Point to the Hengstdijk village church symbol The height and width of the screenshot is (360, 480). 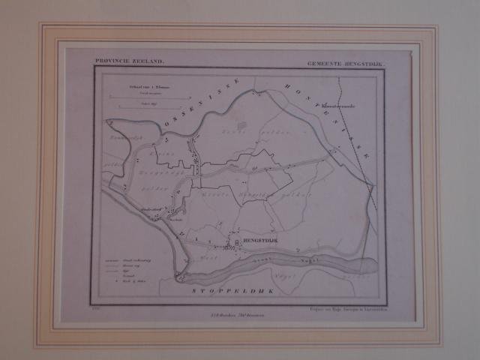click(238, 243)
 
